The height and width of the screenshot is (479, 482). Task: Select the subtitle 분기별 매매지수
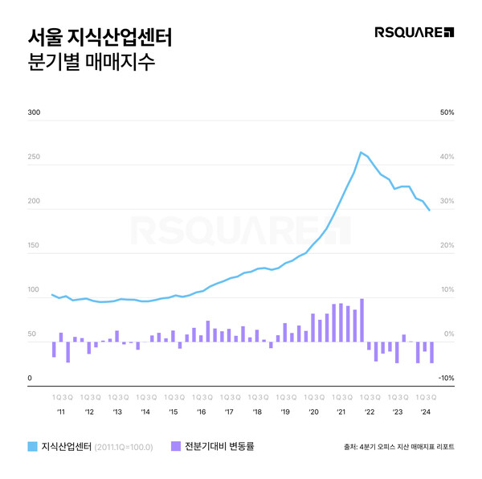(88, 63)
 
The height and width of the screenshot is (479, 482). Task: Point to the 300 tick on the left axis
(34, 113)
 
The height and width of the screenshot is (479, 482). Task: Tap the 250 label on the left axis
(34, 158)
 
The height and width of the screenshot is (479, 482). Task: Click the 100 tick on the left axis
(34, 290)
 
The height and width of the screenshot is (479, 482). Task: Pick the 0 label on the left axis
(30, 378)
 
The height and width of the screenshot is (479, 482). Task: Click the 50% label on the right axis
(447, 113)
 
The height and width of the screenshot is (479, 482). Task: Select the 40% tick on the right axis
(447, 158)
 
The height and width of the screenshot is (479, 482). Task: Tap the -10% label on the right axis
(447, 378)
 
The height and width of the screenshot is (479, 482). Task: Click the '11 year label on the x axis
(61, 411)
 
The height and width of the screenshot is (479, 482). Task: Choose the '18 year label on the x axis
(256, 411)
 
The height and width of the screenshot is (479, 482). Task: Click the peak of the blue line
(361, 152)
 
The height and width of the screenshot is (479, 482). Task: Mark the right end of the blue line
(430, 211)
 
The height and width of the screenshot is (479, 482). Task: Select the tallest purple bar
(362, 320)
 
